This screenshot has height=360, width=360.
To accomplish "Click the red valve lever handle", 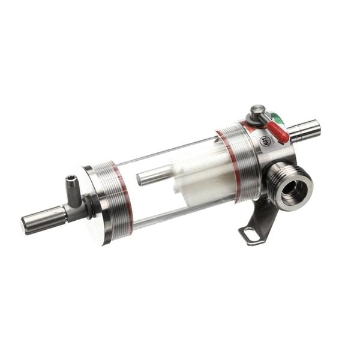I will pos(278,132).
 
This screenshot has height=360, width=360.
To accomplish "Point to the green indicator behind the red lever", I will pos(277,118).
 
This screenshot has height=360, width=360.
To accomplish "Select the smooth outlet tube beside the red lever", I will pos(304,130).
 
